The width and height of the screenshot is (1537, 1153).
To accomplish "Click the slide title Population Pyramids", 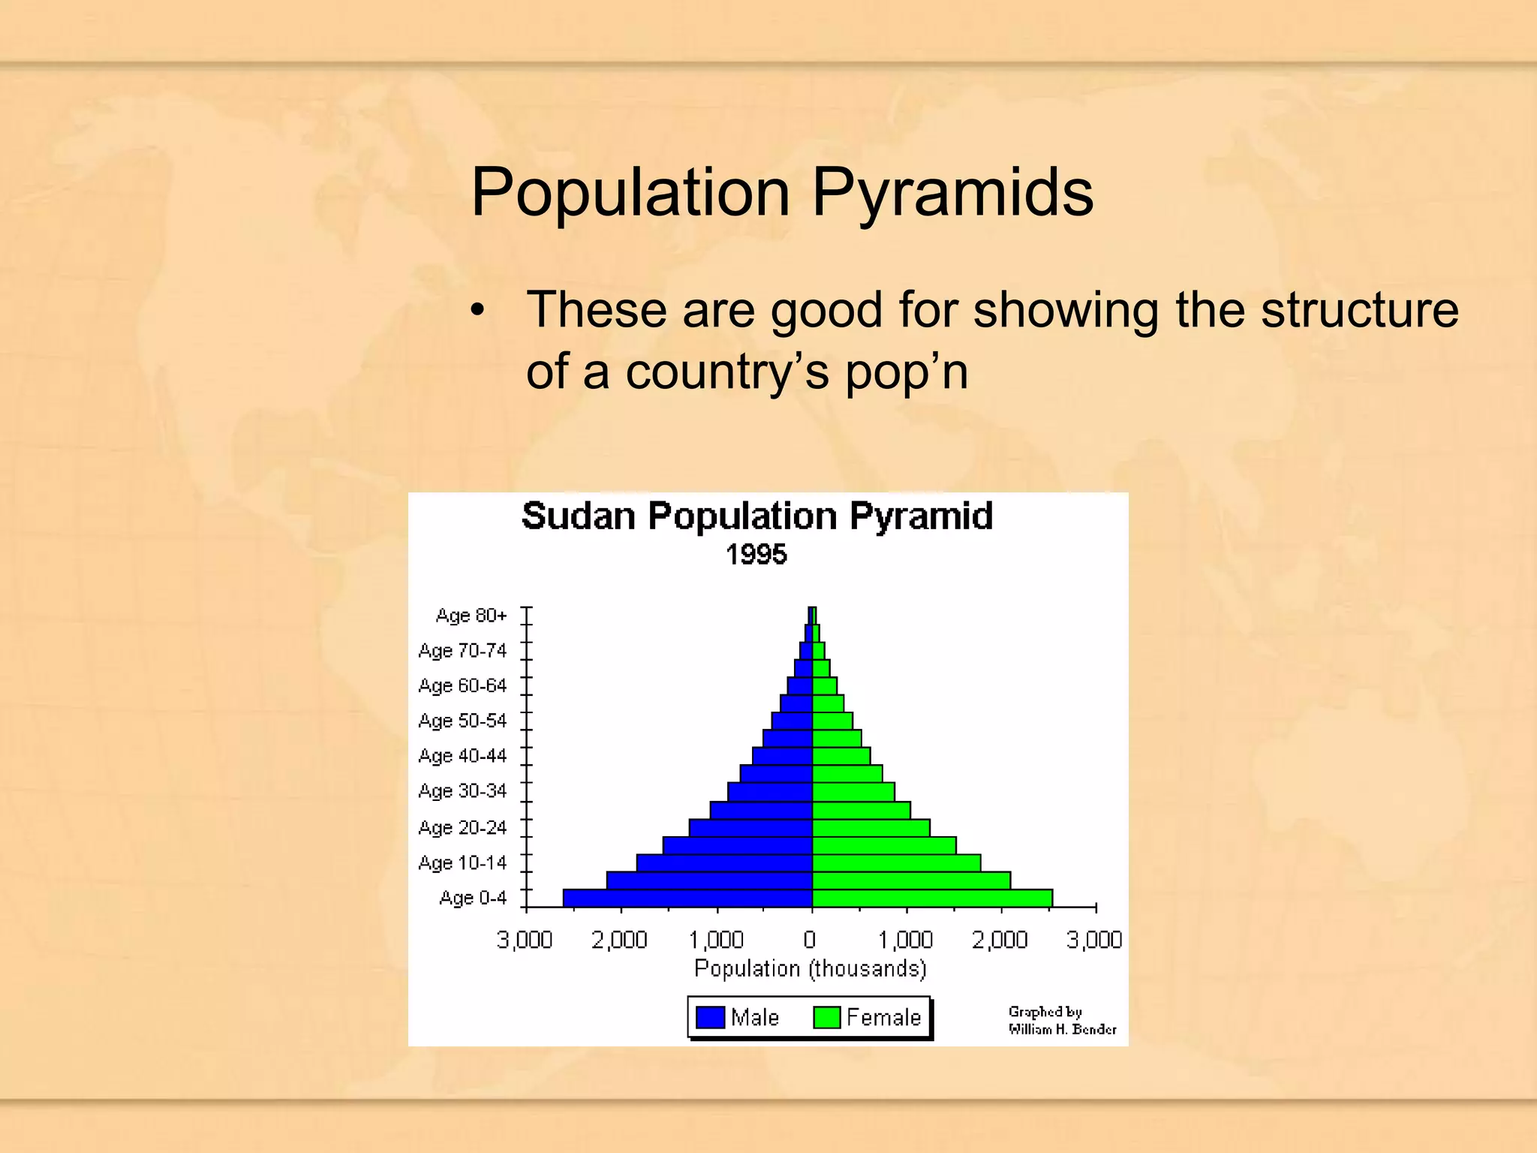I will click(x=781, y=192).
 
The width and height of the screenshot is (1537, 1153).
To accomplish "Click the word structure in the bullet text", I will click(x=1359, y=310).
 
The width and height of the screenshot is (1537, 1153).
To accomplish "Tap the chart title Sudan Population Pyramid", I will click(x=756, y=516).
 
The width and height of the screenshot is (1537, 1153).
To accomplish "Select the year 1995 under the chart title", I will click(x=756, y=555).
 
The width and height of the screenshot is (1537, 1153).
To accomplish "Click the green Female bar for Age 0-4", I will click(x=932, y=898).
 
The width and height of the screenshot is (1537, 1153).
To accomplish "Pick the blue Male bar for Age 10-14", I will click(x=724, y=862).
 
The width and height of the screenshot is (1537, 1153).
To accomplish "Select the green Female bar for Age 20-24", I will click(x=871, y=828).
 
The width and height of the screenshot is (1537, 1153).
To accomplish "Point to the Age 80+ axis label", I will click(x=471, y=616).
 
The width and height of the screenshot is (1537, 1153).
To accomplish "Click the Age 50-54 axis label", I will click(x=462, y=721).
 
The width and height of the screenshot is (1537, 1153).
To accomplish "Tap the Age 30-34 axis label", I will click(x=462, y=790).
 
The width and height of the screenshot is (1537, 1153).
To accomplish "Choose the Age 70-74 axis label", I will click(x=462, y=650).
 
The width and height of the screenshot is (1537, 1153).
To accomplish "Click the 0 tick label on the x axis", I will click(x=810, y=940).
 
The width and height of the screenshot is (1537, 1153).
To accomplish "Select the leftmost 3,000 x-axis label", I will click(x=525, y=940).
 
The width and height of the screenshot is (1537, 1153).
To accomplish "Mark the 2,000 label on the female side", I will click(x=1000, y=940).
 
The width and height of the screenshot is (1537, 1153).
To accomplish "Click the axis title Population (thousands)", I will click(x=811, y=968).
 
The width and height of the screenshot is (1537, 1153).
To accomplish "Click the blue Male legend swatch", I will click(x=710, y=1017).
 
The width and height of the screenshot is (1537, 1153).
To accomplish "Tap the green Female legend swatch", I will click(x=826, y=1017).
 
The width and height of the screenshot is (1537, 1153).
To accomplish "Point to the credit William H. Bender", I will click(x=1062, y=1029).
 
